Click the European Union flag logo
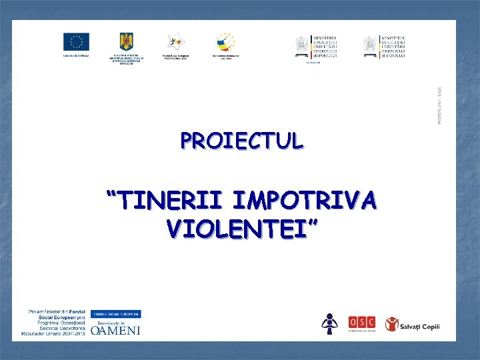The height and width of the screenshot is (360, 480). (x=76, y=41)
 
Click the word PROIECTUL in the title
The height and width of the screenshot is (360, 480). (x=241, y=141)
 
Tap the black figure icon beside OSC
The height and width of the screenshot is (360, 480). (x=329, y=323)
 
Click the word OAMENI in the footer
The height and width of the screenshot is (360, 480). (x=115, y=330)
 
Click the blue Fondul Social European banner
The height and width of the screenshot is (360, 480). (x=115, y=313)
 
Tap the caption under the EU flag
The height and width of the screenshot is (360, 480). (x=76, y=57)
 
